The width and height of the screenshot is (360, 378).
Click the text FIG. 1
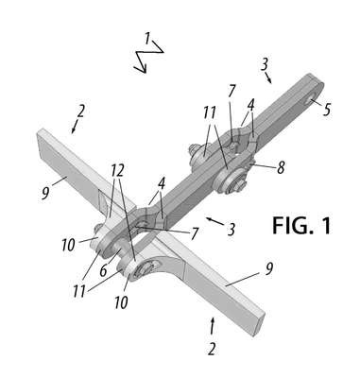301,226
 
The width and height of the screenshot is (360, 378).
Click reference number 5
327,110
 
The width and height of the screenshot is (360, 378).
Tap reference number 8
281,167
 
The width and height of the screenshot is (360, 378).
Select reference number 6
104,270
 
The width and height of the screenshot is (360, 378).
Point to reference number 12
117,170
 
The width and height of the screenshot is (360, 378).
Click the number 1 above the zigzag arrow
147,39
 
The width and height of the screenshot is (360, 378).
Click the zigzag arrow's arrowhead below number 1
143,69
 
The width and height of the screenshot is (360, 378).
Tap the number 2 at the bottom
212,350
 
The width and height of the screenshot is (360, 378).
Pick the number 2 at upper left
81,112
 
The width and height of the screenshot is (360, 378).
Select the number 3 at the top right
265,64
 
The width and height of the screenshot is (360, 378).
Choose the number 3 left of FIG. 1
231,230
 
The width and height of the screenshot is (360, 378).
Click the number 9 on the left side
45,194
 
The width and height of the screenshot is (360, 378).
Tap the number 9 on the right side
268,269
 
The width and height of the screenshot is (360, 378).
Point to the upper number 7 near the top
231,92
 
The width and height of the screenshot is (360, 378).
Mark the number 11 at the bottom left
79,291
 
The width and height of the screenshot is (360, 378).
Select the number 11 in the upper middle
210,112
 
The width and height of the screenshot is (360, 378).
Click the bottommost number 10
121,302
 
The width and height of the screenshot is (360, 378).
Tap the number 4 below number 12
162,184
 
